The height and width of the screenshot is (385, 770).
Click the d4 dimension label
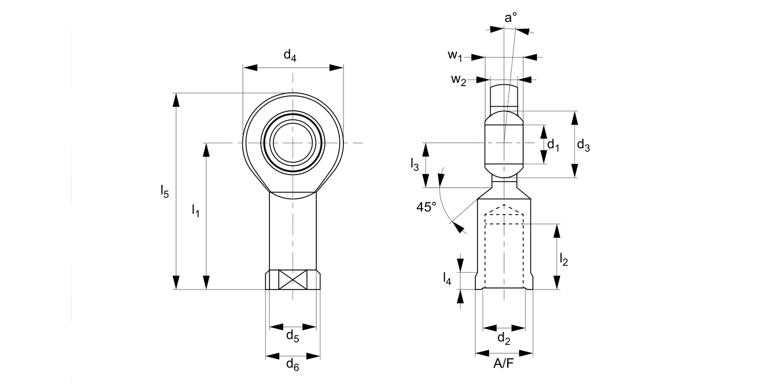point(290,55)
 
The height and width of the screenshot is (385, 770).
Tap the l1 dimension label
point(196,210)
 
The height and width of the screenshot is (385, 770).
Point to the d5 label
point(293,337)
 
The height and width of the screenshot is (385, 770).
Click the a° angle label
point(510,18)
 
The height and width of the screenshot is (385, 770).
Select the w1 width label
point(455,55)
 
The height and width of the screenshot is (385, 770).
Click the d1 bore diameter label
point(553,145)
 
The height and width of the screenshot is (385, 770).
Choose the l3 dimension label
point(415,164)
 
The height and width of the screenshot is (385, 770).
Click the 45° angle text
point(426,207)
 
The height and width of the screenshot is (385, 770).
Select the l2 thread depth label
point(564,259)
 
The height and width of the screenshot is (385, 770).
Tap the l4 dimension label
point(447,279)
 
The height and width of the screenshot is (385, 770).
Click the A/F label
point(503,364)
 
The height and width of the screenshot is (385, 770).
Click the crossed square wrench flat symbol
point(293,279)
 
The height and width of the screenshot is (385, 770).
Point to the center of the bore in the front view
point(293,142)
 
